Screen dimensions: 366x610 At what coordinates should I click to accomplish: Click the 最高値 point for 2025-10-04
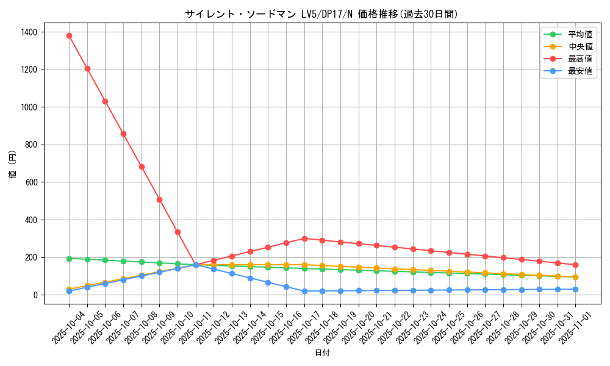pyautogui.click(x=69, y=35)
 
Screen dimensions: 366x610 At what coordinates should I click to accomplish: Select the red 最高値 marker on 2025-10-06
pyautogui.click(x=105, y=101)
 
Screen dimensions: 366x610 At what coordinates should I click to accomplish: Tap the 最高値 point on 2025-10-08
pyautogui.click(x=142, y=167)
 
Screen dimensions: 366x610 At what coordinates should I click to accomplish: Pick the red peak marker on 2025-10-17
pyautogui.click(x=304, y=239)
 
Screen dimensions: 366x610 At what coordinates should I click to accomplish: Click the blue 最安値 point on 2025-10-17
pyautogui.click(x=304, y=291)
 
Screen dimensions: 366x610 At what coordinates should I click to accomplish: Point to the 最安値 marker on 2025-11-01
pyautogui.click(x=575, y=289)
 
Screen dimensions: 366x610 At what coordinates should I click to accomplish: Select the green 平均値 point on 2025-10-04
pyautogui.click(x=69, y=259)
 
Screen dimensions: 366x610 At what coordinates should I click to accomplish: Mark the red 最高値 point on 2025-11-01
pyautogui.click(x=575, y=265)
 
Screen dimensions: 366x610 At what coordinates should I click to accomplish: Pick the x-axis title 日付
pyautogui.click(x=322, y=353)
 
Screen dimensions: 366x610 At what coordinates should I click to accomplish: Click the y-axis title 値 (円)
pyautogui.click(x=13, y=165)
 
